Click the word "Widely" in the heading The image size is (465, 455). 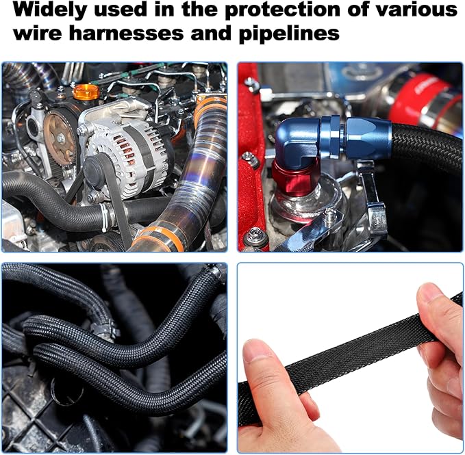[49, 10]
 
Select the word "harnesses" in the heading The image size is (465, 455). [127, 33]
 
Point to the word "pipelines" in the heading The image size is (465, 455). [289, 34]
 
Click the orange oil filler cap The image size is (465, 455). [86, 92]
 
